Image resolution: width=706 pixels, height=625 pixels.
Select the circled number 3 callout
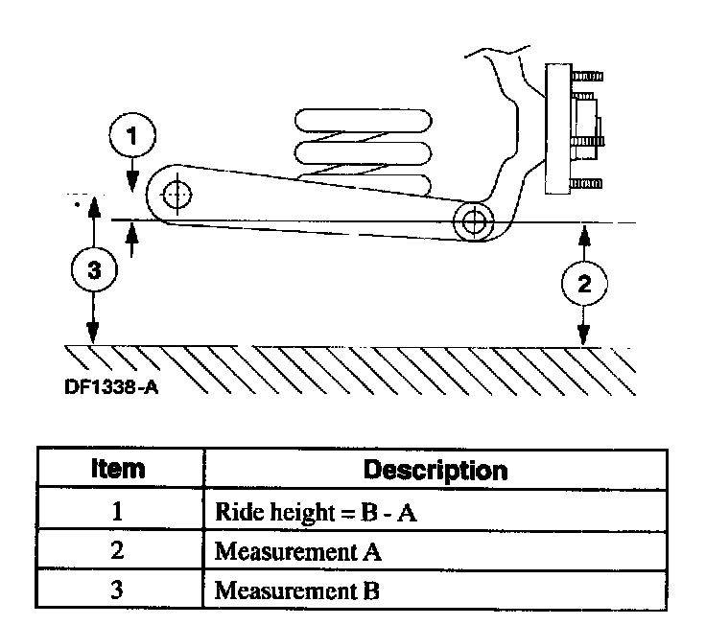[x=92, y=271]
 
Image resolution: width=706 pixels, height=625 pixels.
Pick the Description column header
[x=435, y=471]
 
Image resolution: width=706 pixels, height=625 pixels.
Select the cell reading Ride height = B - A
[x=318, y=512]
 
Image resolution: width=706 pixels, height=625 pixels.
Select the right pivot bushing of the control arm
[x=472, y=221]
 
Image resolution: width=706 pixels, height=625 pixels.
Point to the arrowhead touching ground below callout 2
[x=582, y=338]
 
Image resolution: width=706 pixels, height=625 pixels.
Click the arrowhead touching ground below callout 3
[x=92, y=338]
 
